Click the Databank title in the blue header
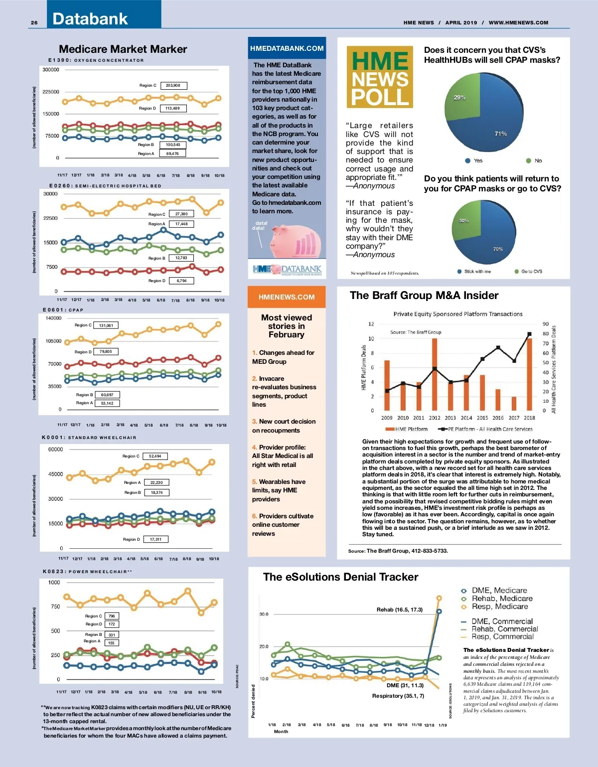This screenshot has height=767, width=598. click(90, 19)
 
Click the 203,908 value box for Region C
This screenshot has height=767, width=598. click(173, 86)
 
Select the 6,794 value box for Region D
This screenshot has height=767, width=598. click(181, 281)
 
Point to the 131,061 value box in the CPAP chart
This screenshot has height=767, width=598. click(106, 325)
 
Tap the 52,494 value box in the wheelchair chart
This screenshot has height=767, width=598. click(155, 456)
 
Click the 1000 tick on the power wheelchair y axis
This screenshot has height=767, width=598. click(54, 582)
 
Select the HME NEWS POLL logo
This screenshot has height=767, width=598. click(380, 77)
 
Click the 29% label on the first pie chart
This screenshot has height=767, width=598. click(459, 98)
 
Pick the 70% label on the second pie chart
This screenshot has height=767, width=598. click(498, 249)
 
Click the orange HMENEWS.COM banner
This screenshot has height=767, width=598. click(287, 297)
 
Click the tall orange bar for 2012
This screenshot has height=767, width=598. click(435, 374)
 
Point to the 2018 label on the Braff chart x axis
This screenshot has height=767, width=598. click(529, 418)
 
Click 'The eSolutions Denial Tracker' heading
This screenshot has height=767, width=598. click(340, 577)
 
